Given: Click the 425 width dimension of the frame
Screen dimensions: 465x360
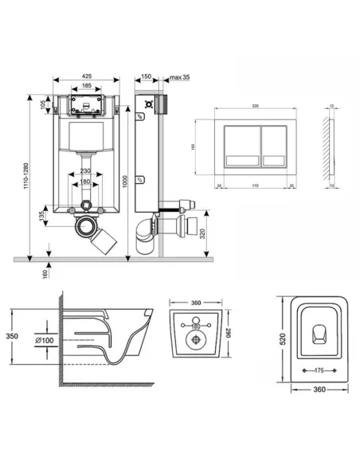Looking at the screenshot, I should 85,77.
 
